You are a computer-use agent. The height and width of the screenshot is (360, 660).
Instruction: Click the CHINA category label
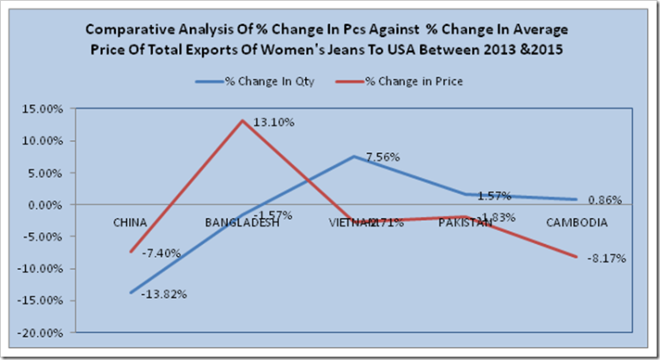click(131, 222)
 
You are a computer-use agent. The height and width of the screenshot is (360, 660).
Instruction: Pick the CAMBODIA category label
click(577, 222)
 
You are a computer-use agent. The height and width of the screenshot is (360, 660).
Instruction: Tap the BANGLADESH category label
click(242, 222)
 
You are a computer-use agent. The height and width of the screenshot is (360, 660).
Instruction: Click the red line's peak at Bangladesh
click(243, 120)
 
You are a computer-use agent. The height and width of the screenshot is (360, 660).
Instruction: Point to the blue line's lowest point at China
click(131, 293)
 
